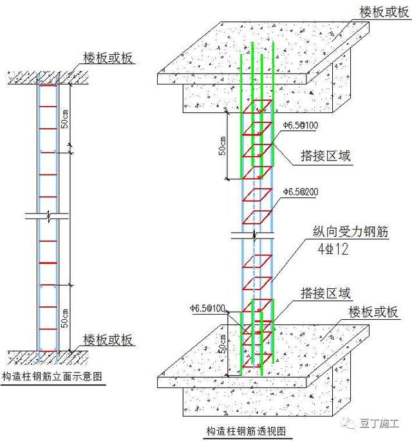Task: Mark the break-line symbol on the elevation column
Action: tap(48, 216)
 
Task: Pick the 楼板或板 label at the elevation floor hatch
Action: tap(109, 340)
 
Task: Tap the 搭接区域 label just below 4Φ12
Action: tap(326, 294)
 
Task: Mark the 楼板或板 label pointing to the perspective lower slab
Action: tap(373, 312)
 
